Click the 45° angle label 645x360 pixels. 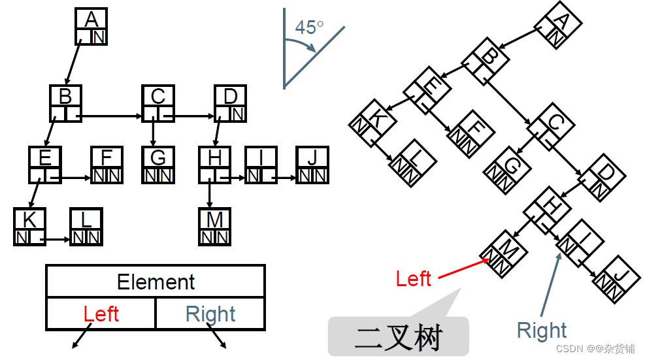[x=309, y=27]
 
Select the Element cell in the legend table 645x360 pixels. [x=156, y=282]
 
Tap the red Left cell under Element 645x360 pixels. [x=101, y=314]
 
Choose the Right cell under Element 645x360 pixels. [x=210, y=314]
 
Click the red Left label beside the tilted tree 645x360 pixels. [x=413, y=279]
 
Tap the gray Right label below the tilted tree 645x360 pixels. [x=542, y=331]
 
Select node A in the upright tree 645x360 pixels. [x=91, y=26]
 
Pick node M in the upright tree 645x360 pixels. [x=214, y=226]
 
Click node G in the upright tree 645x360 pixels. [x=157, y=165]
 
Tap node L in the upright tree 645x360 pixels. [x=86, y=226]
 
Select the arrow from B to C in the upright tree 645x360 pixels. [x=111, y=118]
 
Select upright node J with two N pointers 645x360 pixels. [x=312, y=165]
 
